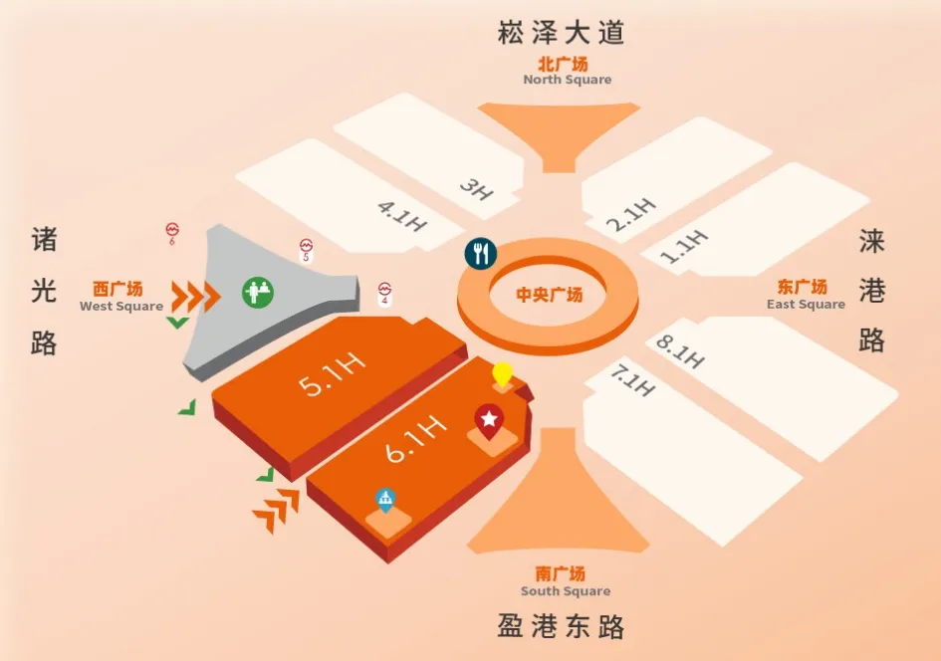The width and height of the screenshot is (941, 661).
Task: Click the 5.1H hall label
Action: click(x=334, y=375)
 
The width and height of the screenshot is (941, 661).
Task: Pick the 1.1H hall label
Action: click(x=684, y=246)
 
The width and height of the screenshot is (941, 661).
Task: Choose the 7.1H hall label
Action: click(x=631, y=380)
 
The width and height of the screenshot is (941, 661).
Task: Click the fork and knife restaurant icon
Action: click(x=481, y=253)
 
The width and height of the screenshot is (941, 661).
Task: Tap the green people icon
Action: click(x=258, y=292)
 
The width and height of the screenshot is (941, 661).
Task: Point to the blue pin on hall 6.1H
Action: click(x=383, y=498)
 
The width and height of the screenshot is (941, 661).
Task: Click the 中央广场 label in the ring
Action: click(x=549, y=295)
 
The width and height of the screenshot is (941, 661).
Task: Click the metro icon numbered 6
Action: click(x=171, y=232)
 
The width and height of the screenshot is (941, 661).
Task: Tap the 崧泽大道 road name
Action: click(x=561, y=33)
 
